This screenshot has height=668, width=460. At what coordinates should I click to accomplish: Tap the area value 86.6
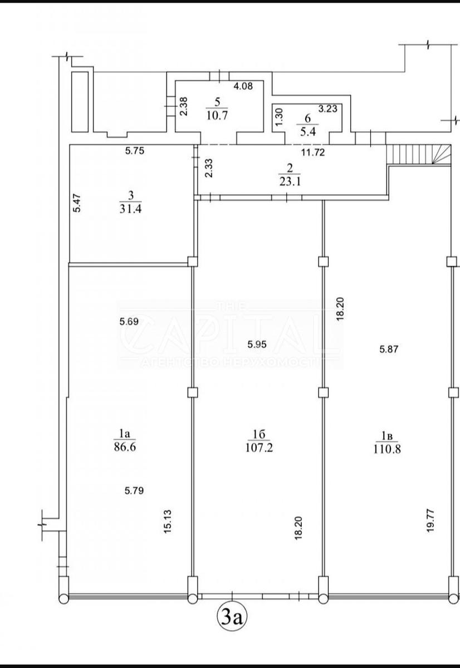click(x=125, y=448)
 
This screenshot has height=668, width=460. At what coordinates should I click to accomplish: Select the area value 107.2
click(x=259, y=448)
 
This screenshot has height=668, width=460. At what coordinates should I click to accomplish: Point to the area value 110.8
click(x=387, y=449)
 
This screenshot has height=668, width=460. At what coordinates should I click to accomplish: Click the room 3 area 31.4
click(x=130, y=209)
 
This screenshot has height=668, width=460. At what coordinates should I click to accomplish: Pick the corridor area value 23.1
click(x=290, y=181)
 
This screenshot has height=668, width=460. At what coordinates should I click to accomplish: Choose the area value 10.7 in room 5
click(x=217, y=115)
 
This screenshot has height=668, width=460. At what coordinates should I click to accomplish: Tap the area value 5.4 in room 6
click(x=307, y=131)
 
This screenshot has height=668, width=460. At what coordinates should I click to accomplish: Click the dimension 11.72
click(x=312, y=153)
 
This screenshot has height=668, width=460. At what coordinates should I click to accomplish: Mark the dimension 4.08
click(x=243, y=86)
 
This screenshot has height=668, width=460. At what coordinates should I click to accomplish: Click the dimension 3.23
click(x=327, y=109)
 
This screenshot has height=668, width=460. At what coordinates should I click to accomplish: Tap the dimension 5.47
click(x=77, y=203)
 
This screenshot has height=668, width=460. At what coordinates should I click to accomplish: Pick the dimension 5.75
click(x=135, y=151)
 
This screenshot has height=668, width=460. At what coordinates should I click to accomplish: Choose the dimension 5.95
click(x=257, y=345)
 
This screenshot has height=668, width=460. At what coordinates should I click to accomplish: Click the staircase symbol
click(x=419, y=154)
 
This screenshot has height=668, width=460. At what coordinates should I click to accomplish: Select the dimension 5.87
click(x=389, y=349)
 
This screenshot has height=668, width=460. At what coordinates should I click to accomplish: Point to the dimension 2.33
click(x=209, y=168)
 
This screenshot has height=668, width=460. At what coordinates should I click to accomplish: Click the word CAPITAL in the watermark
click(x=229, y=333)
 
